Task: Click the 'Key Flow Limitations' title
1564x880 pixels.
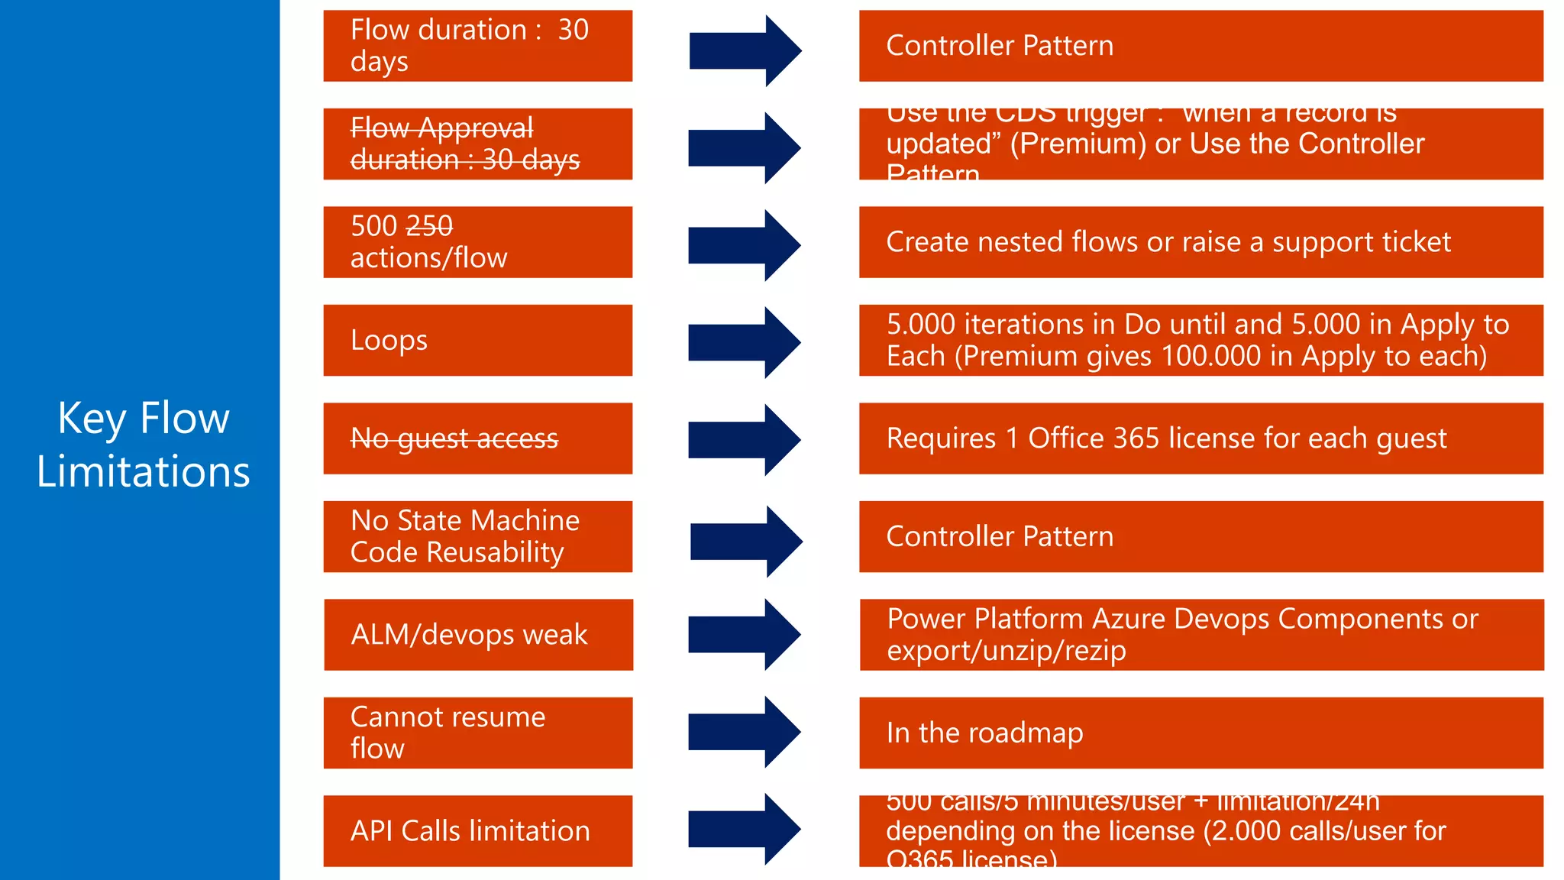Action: click(144, 444)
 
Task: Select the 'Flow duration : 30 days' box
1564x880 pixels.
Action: click(477, 46)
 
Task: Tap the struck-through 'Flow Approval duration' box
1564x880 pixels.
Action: click(477, 144)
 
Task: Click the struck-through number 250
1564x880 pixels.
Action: click(429, 226)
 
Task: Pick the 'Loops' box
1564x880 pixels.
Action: click(477, 340)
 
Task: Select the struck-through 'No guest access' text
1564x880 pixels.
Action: click(454, 438)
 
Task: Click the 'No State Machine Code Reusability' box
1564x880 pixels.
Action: click(477, 536)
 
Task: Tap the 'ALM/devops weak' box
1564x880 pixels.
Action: click(478, 635)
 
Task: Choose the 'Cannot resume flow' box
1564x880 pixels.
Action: click(477, 733)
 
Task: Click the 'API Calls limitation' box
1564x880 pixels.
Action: click(477, 831)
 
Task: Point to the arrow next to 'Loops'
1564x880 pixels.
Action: click(744, 342)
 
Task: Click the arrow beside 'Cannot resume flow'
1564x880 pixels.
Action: click(744, 732)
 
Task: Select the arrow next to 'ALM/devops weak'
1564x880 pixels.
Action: click(744, 635)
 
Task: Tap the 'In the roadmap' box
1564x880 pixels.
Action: click(1200, 733)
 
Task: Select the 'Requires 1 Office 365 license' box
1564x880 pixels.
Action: click(1200, 438)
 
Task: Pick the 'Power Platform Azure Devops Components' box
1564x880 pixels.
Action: click(1200, 635)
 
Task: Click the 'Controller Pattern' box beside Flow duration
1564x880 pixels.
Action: click(1200, 46)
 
